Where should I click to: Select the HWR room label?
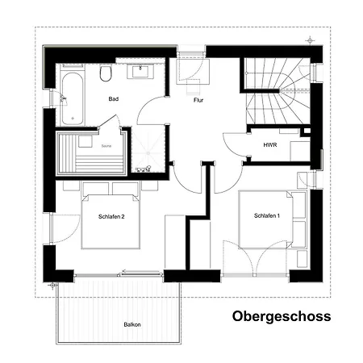pos(270,145)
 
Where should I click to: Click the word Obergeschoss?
pos(282,316)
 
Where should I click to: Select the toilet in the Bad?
pos(106,73)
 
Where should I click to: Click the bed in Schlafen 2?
pos(111,218)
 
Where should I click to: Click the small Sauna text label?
pos(106,146)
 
